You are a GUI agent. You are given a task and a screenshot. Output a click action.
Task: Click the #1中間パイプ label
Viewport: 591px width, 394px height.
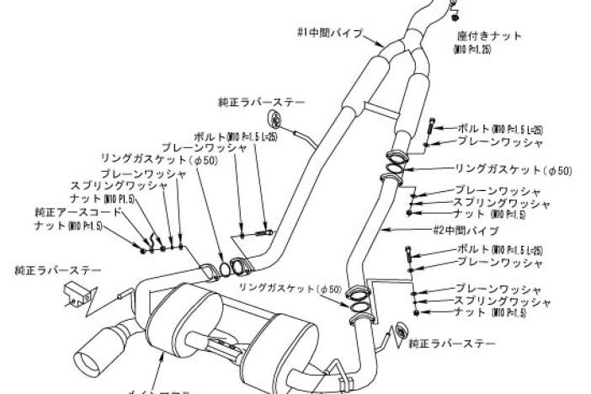(x=331, y=34)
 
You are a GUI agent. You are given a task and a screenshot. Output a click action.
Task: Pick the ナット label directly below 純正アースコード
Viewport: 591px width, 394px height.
(x=68, y=226)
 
